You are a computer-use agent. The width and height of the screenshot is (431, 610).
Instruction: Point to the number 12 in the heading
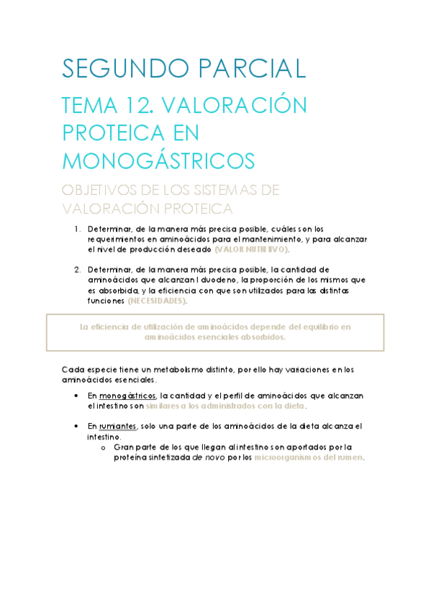pyautogui.click(x=134, y=106)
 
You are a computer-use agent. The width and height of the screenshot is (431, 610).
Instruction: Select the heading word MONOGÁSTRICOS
pyautogui.click(x=158, y=159)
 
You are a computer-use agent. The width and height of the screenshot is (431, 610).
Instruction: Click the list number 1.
pyautogui.click(x=77, y=229)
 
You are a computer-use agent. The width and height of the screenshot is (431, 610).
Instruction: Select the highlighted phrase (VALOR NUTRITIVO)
pyautogui.click(x=251, y=249)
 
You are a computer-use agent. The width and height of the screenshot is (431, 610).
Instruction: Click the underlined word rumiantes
pyautogui.click(x=119, y=426)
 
